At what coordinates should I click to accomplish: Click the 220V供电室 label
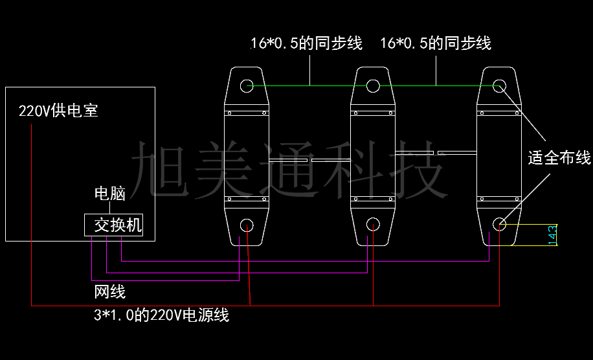tap(58, 111)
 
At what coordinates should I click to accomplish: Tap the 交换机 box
tap(113, 225)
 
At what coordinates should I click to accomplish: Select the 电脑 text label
tap(109, 193)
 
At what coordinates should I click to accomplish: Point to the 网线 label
tap(109, 292)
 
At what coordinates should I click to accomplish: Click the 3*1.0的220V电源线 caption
tap(161, 316)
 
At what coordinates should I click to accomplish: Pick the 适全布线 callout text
tap(559, 157)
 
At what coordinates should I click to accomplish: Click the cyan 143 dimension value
tap(552, 234)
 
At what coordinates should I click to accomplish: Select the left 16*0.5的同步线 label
tap(306, 43)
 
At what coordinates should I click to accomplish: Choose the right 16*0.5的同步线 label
tap(436, 43)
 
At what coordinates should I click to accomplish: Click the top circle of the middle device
tap(373, 85)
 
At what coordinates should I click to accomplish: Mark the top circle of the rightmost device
tap(499, 85)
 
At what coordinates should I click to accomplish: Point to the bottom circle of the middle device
tap(374, 224)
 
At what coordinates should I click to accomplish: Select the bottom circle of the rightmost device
tap(499, 224)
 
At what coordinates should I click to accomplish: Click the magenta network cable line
tap(107, 256)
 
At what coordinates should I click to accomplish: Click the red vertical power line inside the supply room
tap(31, 194)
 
